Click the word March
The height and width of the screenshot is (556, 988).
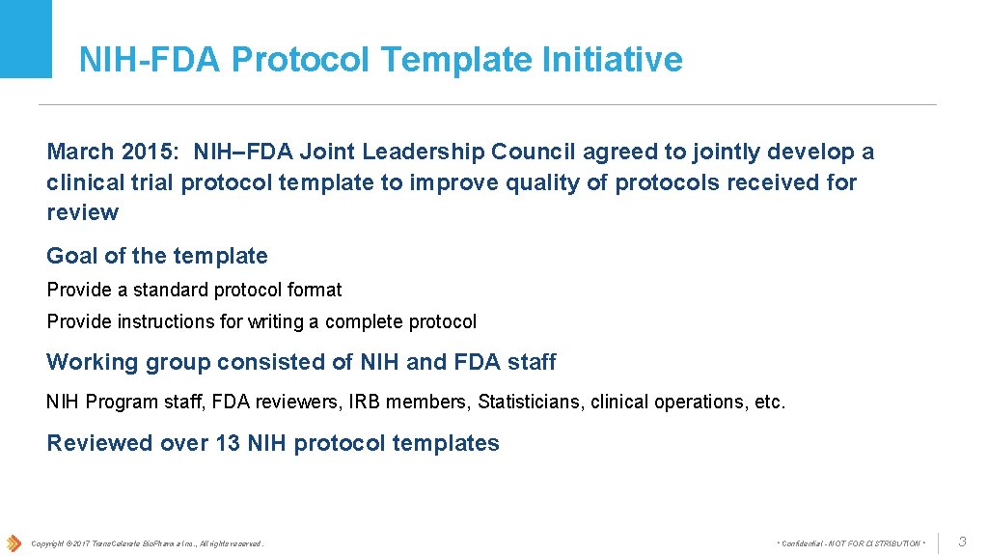point(81,152)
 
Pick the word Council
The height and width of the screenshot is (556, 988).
point(534,152)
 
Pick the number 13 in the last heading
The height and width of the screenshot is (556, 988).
point(229,443)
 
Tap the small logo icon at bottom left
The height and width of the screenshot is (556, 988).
point(14,542)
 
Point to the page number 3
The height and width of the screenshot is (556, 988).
point(961,542)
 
